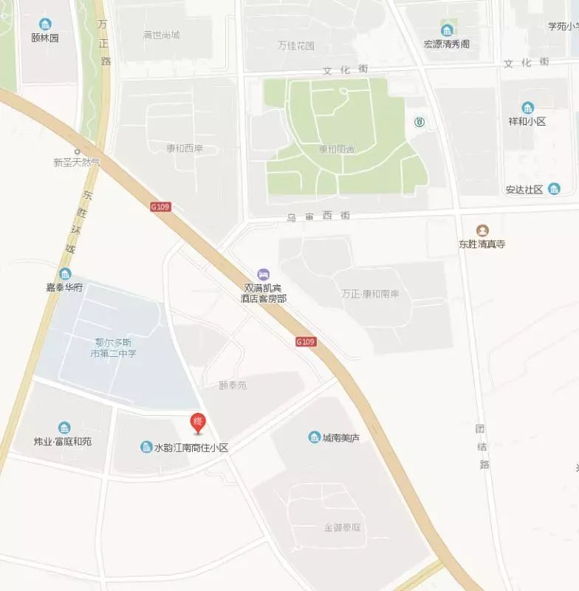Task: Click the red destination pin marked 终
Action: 197,423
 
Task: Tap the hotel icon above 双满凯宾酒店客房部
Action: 263,275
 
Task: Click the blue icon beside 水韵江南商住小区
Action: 146,447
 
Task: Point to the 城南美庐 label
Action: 340,437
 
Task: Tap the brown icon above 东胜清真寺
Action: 482,230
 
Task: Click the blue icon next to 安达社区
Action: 554,189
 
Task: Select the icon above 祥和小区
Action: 527,108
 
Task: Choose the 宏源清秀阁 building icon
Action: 447,30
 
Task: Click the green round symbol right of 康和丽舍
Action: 419,123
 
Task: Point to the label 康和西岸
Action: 184,148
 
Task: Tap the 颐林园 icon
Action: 45,24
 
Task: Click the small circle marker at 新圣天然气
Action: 77,151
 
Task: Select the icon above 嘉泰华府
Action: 65,275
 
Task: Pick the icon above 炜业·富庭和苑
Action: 64,428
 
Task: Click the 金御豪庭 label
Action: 342,528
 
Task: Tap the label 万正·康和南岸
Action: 370,293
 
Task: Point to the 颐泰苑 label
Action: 233,386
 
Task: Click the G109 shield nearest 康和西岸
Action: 160,207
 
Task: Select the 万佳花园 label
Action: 295,46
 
